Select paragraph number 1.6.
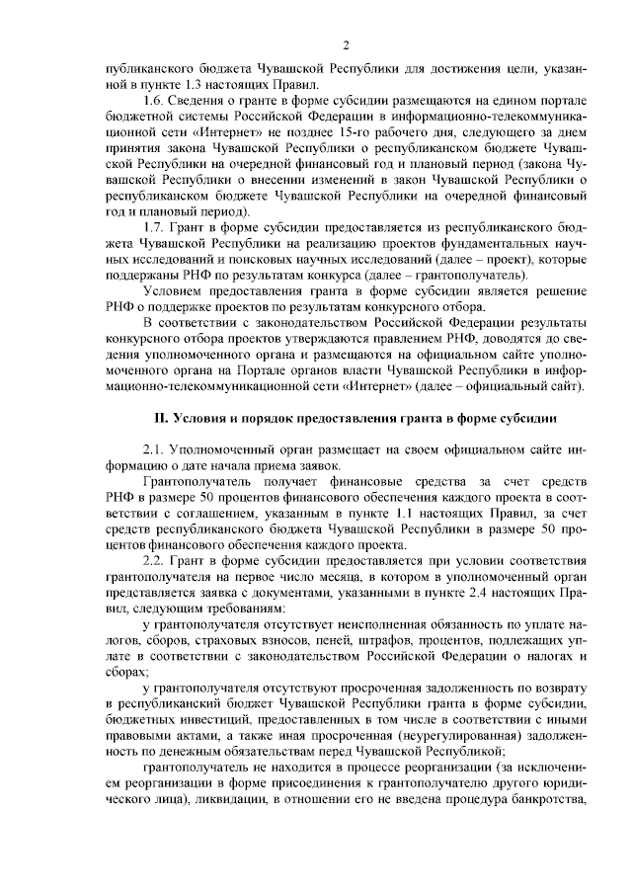click(x=154, y=102)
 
